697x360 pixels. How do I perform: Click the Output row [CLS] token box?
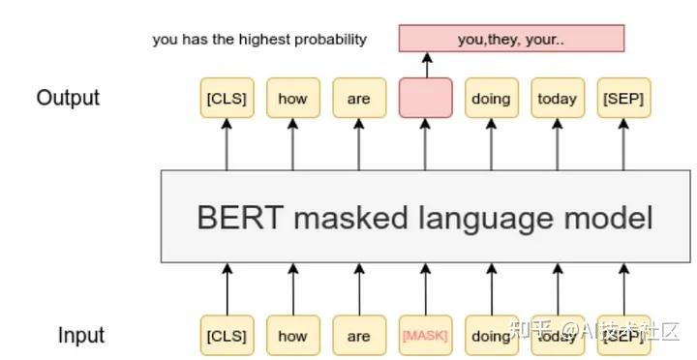226,98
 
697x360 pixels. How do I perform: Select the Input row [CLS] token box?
226,336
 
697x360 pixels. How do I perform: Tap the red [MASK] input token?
424,336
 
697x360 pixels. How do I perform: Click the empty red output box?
424,98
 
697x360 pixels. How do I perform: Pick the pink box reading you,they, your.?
511,39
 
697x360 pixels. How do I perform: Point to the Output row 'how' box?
291,98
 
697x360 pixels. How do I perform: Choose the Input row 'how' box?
291,336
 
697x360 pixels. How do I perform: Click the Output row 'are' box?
358,98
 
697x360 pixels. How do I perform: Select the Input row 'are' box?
358,336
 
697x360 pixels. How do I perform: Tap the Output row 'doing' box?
491,98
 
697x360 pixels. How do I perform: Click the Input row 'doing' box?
491,336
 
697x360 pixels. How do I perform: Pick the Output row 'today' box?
557,98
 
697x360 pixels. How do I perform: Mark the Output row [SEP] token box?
622,98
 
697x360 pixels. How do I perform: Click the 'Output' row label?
68,98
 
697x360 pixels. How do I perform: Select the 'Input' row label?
81,336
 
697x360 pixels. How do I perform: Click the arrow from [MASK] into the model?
424,289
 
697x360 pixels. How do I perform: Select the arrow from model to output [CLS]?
226,145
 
